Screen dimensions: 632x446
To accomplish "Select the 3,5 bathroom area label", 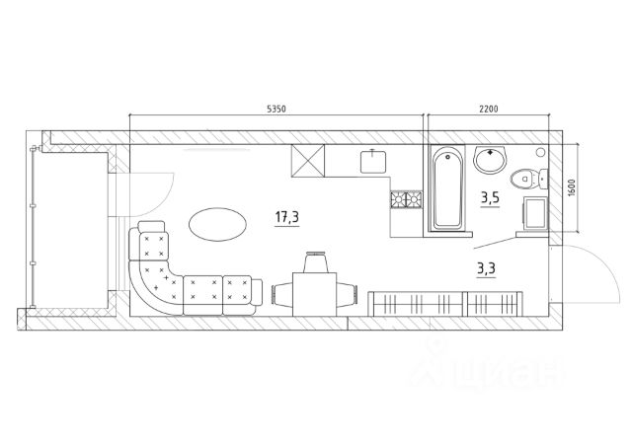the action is pyautogui.click(x=489, y=196).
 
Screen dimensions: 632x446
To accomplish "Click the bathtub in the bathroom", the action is pyautogui.click(x=446, y=189).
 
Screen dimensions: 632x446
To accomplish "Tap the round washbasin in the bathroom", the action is pyautogui.click(x=490, y=158).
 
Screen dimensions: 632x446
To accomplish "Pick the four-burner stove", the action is pyautogui.click(x=405, y=200).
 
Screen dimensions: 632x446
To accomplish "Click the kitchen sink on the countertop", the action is pyautogui.click(x=372, y=158).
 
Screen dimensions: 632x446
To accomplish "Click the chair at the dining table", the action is pyautogui.click(x=317, y=263).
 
